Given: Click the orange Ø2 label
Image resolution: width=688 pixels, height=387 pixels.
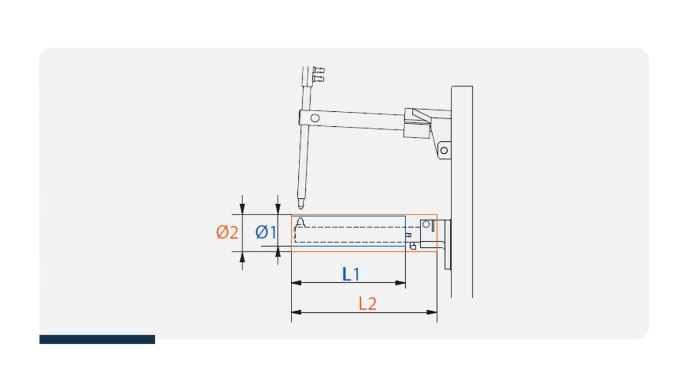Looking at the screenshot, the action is point(227,232).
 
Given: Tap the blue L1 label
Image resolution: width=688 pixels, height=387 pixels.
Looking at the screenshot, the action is point(351,274).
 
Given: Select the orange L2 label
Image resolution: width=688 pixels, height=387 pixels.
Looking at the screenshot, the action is point(367,304).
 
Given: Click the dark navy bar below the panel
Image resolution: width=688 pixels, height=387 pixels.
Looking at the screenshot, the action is point(97,339).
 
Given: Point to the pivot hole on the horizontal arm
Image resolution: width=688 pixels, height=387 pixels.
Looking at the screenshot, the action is point(315,118).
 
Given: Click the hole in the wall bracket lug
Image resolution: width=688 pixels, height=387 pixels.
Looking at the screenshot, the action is point(444,150).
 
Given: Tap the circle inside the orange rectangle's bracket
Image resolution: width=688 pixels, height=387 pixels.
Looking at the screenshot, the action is point(426,224).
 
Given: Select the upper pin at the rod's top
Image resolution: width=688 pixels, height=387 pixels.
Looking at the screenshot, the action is point(319,70).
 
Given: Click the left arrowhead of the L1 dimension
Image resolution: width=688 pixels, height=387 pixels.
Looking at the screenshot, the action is point(296,283).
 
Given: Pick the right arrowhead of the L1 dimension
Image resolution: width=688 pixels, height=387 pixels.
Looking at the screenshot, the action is point(400,283).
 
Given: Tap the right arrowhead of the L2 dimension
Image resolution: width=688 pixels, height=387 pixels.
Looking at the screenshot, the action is point(432,312).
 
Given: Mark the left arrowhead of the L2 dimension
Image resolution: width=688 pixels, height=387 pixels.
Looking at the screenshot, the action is point(296,312).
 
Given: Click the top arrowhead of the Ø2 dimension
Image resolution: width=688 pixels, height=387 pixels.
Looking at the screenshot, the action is point(242,209).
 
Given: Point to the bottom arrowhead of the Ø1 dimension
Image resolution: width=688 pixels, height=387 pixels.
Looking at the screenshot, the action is point(278,252).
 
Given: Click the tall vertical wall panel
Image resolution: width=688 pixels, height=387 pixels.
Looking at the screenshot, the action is point(462,192).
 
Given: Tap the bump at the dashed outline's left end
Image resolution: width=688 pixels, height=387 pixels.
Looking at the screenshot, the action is point(300,223).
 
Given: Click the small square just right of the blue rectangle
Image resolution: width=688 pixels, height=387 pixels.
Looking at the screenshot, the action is point(408,235).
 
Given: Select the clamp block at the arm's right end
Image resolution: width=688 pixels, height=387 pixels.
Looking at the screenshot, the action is point(417,124).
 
